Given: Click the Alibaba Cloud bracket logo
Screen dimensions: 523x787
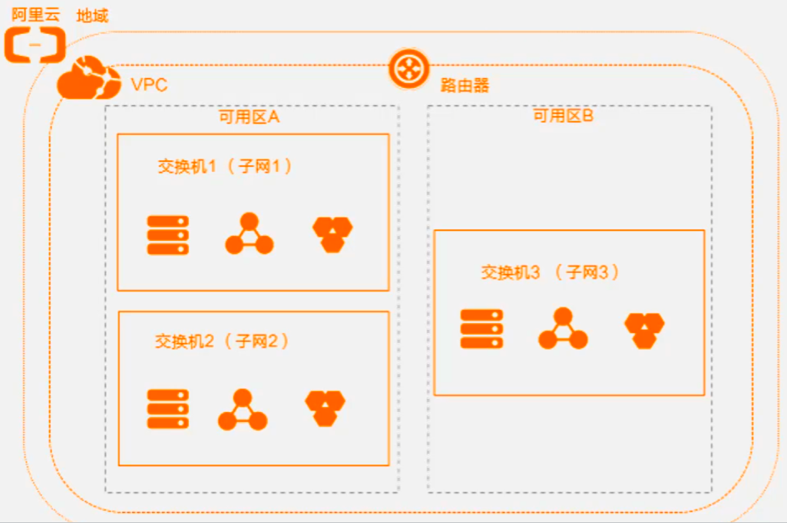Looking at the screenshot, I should point(35,45).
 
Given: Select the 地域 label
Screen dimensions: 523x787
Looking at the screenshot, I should point(92,15).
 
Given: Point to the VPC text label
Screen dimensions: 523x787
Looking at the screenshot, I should point(149,84).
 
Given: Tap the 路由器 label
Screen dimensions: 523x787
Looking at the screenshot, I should point(465,85).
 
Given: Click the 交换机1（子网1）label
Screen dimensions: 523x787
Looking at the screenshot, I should point(225,166).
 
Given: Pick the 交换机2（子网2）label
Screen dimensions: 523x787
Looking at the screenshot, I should point(222,341).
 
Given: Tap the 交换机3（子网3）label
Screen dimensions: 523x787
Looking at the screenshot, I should point(550,271).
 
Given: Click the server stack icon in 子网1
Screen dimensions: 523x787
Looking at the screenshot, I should point(167,235).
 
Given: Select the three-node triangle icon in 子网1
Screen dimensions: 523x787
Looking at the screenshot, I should point(249,235).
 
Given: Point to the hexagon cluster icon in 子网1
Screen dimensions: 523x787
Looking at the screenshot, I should point(332,234).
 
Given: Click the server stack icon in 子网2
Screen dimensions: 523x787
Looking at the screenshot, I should point(167,410).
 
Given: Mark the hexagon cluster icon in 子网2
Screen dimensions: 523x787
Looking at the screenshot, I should point(325,408).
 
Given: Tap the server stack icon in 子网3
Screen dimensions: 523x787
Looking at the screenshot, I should point(481,329).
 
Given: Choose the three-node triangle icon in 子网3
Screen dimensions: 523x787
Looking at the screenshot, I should point(563,329).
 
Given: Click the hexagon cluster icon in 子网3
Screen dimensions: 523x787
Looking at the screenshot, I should point(644,330).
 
